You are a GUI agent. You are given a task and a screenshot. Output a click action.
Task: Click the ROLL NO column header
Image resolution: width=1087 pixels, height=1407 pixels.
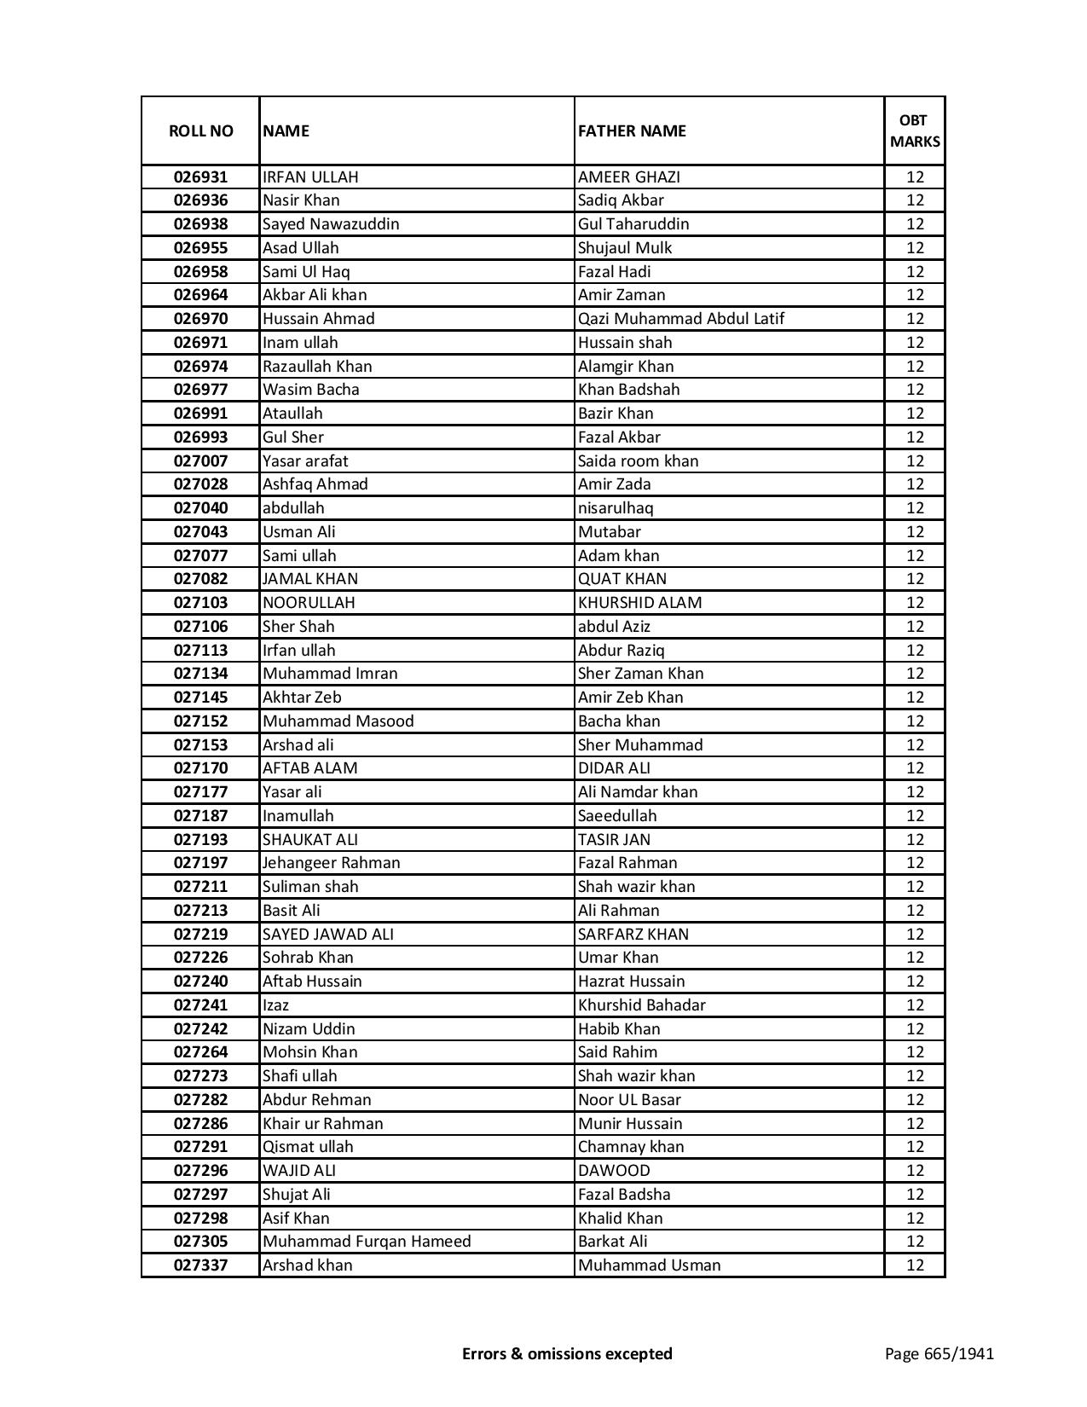pos(200,130)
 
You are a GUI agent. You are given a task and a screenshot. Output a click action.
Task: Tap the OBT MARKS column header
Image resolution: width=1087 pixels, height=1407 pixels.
pos(915,130)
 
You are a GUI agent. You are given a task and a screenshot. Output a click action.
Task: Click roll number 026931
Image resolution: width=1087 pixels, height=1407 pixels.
pos(200,177)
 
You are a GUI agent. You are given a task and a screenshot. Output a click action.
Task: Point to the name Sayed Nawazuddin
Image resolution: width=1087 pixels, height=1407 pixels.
pos(331,224)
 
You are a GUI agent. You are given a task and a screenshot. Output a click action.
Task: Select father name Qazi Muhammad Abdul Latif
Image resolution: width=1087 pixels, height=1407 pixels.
pos(680,319)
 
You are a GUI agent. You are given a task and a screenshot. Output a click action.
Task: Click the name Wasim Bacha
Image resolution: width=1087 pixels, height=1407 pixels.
pos(311,390)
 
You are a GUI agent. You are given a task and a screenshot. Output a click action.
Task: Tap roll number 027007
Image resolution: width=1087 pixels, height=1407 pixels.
pos(200,461)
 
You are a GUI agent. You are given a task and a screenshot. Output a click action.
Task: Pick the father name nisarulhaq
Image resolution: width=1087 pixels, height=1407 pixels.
pos(616,508)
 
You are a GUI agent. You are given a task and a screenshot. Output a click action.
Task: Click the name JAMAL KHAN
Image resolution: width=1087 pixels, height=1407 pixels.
pos(310,579)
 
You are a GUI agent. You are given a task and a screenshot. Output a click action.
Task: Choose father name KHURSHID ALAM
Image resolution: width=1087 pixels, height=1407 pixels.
pos(639,603)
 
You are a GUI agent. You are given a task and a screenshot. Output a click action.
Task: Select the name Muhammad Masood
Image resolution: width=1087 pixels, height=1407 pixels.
pos(338,721)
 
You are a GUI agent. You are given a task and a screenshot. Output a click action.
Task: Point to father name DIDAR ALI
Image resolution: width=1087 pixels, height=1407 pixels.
pos(614,768)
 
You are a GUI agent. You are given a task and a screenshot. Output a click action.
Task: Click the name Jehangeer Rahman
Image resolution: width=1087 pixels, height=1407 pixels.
pos(331,863)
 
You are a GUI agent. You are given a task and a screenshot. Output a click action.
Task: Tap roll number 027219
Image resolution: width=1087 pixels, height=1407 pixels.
pos(200,935)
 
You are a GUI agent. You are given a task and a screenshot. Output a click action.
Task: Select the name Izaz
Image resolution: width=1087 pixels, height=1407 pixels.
pos(275,1005)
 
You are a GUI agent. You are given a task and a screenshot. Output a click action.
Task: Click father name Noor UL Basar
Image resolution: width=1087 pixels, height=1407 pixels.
pos(629,1100)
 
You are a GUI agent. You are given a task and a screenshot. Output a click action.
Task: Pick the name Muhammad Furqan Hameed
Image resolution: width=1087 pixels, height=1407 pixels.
pos(367,1242)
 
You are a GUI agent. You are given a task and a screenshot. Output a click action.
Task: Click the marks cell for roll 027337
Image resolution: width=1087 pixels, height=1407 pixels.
pos(915,1265)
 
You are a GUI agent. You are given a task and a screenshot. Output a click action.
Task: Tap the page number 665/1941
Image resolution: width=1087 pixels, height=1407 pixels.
pos(939,1353)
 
